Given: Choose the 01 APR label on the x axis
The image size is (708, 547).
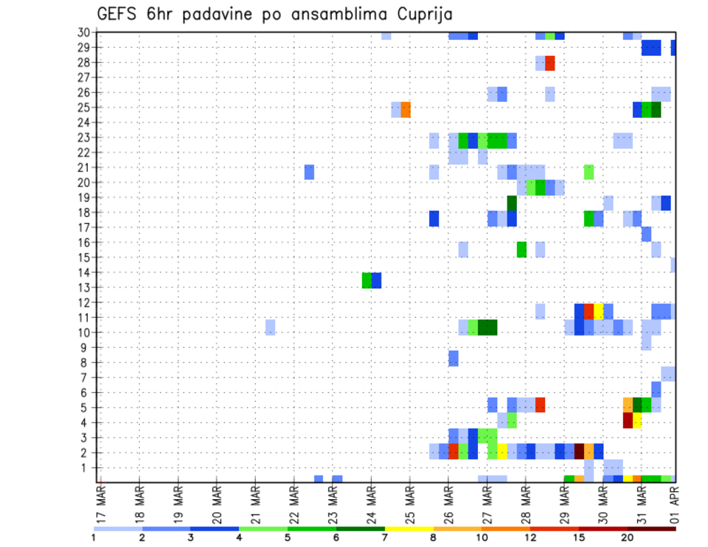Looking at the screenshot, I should (x=673, y=505).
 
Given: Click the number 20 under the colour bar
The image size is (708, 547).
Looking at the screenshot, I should (x=628, y=537).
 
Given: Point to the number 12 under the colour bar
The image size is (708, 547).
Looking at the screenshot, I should (x=531, y=537).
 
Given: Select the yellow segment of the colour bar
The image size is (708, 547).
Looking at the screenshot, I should (x=409, y=529).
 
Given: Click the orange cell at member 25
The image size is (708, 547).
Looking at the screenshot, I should (x=406, y=110).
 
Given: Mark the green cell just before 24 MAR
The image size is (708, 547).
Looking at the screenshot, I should (x=367, y=280).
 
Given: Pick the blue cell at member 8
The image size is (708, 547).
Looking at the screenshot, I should (x=454, y=358).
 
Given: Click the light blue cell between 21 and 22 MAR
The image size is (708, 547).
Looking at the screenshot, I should (x=271, y=327).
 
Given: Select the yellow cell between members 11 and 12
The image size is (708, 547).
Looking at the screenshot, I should (x=599, y=311).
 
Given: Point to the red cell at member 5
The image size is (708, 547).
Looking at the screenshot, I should (x=541, y=405).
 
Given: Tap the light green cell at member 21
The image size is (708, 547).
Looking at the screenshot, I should (x=589, y=172).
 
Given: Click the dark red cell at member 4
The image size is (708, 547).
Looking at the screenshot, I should (x=628, y=420).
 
